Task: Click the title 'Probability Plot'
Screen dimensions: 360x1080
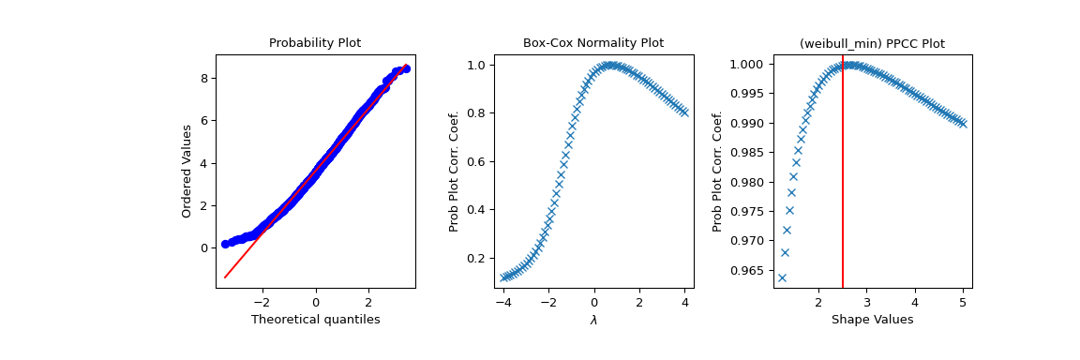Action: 315,43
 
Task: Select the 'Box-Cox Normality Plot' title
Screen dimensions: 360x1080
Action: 592,43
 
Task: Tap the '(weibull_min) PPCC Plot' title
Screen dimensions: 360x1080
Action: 871,43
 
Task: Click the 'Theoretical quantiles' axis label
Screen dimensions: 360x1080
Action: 315,320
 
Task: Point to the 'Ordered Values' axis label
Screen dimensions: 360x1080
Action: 187,172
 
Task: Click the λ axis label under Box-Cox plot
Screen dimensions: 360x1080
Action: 593,321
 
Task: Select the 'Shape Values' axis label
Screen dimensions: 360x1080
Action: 872,320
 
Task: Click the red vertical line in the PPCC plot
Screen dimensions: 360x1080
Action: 843,187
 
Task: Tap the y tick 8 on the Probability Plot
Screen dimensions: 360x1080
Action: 203,78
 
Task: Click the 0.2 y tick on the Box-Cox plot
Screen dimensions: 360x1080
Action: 477,258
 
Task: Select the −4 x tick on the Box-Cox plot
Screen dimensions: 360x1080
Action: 503,303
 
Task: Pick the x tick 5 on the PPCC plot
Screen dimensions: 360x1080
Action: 963,303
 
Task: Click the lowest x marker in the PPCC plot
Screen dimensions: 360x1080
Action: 782,277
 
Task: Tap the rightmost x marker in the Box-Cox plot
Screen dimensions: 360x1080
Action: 684,112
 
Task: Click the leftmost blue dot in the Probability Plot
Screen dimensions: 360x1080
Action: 225,244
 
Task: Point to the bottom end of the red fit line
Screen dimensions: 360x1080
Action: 225,277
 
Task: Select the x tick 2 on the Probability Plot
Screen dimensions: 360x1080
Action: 368,303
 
